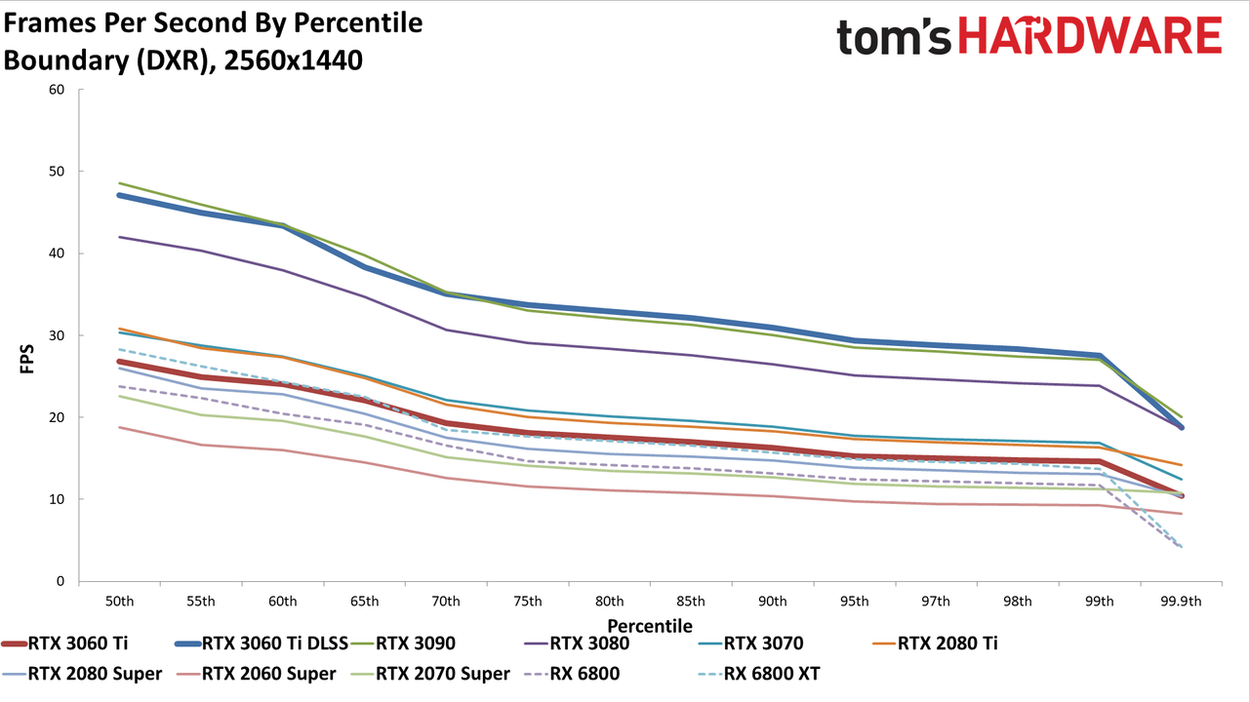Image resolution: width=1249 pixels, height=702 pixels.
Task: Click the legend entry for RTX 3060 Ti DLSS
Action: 262,643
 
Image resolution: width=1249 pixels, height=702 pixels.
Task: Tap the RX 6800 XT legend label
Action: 759,674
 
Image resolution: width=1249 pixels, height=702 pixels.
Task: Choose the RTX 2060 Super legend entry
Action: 256,674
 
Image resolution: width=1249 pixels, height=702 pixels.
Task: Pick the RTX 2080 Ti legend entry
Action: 935,643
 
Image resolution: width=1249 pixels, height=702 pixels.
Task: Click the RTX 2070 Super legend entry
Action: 430,674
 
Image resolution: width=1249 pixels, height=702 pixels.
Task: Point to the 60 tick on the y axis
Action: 57,90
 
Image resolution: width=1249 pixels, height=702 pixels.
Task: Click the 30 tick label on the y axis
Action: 57,335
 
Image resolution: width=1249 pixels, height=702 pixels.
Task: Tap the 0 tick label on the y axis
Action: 60,581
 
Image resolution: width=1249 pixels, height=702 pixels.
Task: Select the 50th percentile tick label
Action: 119,602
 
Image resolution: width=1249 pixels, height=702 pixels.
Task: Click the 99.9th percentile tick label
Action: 1181,602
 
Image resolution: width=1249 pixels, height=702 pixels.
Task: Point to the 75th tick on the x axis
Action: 528,602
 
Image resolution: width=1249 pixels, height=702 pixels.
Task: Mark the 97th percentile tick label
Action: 936,602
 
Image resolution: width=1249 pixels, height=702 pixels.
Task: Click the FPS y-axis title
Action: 26,359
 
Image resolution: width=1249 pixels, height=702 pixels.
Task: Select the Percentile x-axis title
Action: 650,626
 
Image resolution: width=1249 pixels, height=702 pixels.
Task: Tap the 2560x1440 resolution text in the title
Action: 294,60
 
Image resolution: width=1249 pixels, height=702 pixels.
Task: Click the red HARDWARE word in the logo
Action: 1090,36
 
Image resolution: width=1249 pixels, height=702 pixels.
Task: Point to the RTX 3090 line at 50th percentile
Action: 119,183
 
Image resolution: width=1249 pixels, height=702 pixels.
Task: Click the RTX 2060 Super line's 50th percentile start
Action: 119,427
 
